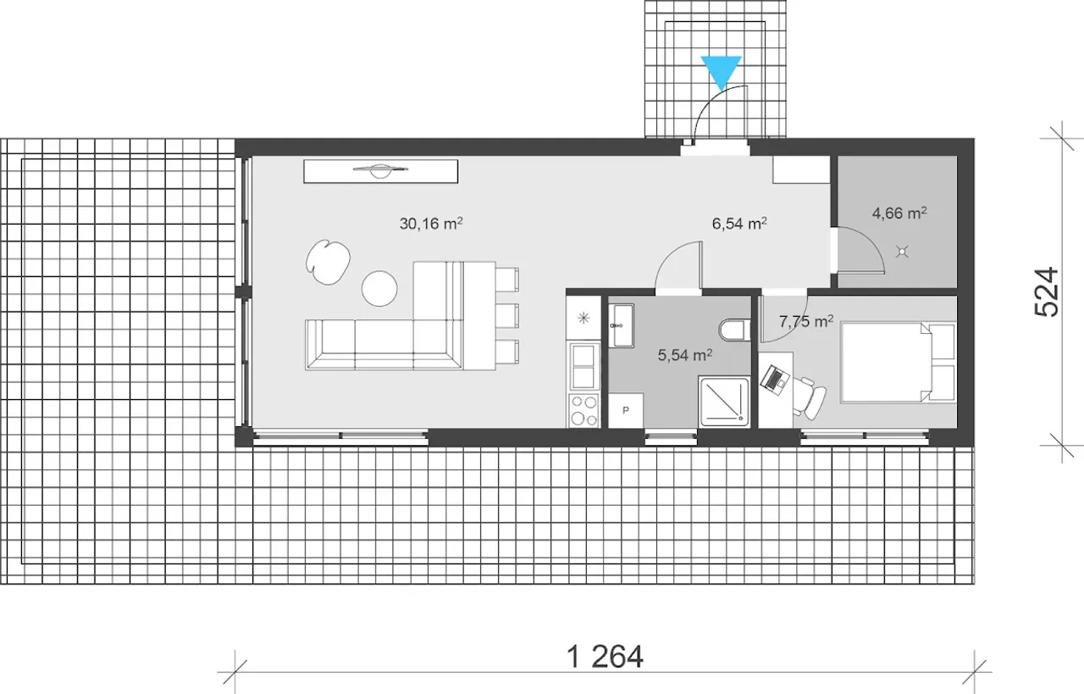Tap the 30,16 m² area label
pyautogui.click(x=431, y=223)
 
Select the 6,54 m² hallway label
pyautogui.click(x=739, y=223)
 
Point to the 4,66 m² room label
pyautogui.click(x=899, y=213)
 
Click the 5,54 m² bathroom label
pyautogui.click(x=685, y=355)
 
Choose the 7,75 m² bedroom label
pyautogui.click(x=806, y=321)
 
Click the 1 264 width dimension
pyautogui.click(x=605, y=657)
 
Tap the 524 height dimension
pyautogui.click(x=1047, y=292)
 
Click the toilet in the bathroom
pyautogui.click(x=734, y=330)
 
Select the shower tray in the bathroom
pyautogui.click(x=724, y=402)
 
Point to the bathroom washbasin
pyautogui.click(x=621, y=325)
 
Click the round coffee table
pyautogui.click(x=379, y=288)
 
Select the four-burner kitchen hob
pyautogui.click(x=583, y=411)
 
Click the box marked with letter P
pyautogui.click(x=626, y=410)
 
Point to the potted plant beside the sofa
pyautogui.click(x=328, y=262)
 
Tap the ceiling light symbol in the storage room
pyautogui.click(x=902, y=252)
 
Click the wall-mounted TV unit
pyautogui.click(x=380, y=171)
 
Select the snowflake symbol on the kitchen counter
pyautogui.click(x=583, y=318)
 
